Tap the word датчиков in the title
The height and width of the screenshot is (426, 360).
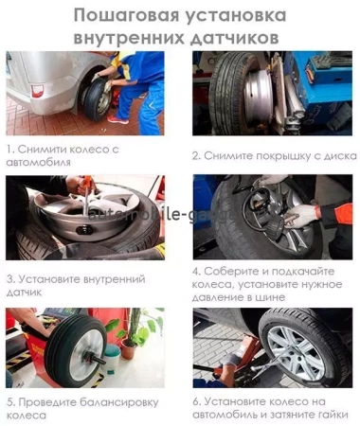tap(232, 37)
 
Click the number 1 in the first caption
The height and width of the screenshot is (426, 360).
tap(9, 150)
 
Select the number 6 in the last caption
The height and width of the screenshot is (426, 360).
tap(196, 401)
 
